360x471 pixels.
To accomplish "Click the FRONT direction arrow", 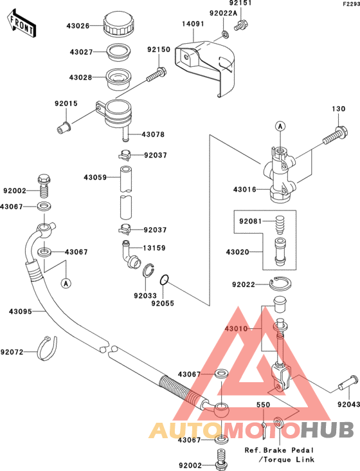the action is (x=21, y=23).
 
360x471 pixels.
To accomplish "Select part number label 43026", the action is (x=78, y=26).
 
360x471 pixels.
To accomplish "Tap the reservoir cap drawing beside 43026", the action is (x=118, y=24).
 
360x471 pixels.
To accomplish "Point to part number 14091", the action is (x=193, y=24).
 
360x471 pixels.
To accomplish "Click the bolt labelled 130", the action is (x=335, y=135).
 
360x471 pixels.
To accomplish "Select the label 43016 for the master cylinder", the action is (x=245, y=190).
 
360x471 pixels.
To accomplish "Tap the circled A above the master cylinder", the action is (x=280, y=126).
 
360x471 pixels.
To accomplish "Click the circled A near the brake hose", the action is (x=66, y=283).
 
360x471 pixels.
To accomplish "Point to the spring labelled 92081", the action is (x=280, y=225).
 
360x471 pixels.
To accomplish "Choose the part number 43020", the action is (x=238, y=252).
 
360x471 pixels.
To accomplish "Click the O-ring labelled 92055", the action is (x=164, y=280).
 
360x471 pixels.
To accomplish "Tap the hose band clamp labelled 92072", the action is (x=47, y=348).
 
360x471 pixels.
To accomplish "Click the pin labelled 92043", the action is (x=348, y=383).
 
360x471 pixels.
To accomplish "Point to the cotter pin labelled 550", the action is (x=264, y=430).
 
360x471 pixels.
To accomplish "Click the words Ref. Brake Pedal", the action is (x=279, y=450).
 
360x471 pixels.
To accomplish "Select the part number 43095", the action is (x=21, y=312).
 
